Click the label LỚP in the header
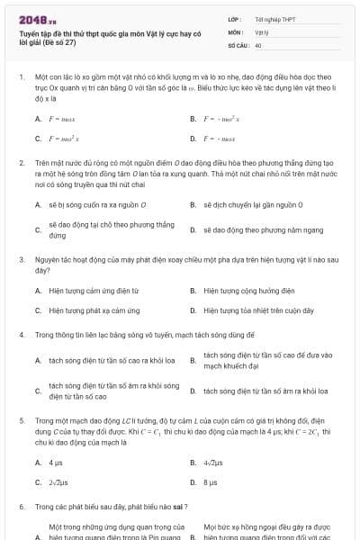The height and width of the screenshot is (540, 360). point(234,18)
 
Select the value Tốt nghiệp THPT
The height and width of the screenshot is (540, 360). point(275,18)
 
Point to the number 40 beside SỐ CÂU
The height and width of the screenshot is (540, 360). point(258,44)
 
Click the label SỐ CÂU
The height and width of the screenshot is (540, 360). point(238,44)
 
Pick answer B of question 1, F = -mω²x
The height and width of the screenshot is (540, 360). point(220,119)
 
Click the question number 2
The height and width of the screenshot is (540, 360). point(21,163)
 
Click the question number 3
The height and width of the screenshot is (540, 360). point(21,259)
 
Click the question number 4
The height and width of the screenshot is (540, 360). point(21,334)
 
